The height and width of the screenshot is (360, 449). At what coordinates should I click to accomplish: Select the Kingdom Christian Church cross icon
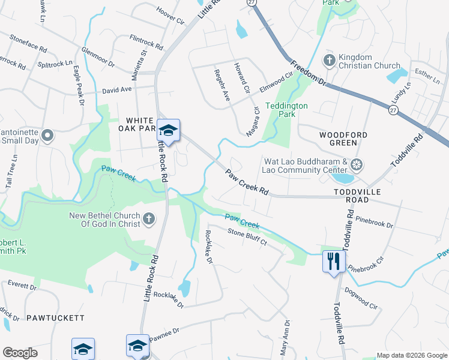pos(329,61)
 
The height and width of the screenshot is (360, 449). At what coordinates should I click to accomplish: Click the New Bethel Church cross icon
pos(149,220)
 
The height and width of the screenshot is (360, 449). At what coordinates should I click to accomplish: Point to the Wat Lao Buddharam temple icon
pos(357,165)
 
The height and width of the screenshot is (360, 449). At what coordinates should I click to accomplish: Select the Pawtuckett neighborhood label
pos(55,317)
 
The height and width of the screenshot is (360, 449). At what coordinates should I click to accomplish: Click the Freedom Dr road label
pos(307,73)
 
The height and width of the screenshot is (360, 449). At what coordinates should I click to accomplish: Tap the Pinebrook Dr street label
pos(373,223)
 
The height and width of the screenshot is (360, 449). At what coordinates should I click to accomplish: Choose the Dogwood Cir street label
pos(361,297)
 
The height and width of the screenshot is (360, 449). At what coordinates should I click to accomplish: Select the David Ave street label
pos(116,90)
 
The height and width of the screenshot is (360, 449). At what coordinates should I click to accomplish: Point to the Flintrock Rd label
pos(146,41)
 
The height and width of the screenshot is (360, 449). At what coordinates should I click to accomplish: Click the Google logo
pos(20,353)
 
